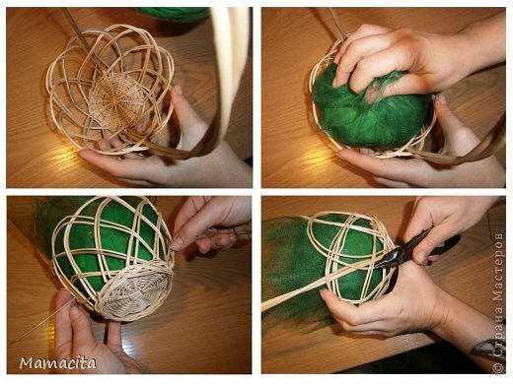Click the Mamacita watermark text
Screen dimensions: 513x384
pyautogui.click(x=57, y=363)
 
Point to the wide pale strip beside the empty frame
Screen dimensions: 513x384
pyautogui.click(x=227, y=66)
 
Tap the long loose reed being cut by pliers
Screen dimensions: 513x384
pyautogui.click(x=326, y=282)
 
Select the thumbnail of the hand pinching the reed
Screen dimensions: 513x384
pyautogui.click(x=177, y=243)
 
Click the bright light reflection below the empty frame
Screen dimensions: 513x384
pyautogui.click(x=67, y=155)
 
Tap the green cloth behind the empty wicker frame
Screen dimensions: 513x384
pyautogui.click(x=175, y=14)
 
